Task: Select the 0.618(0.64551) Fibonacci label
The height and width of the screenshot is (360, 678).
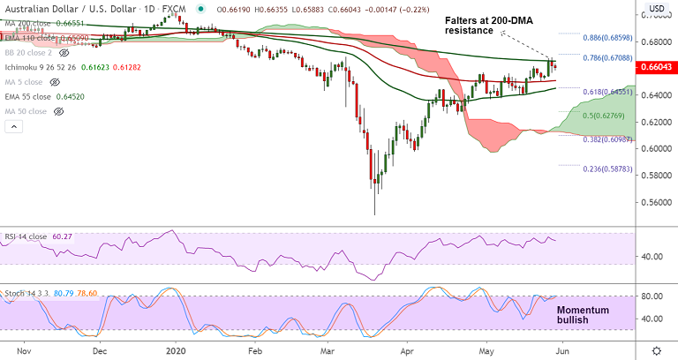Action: (x=607, y=91)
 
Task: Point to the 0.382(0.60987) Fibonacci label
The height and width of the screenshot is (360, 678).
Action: (x=607, y=139)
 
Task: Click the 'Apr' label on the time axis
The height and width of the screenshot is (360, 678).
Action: (x=407, y=349)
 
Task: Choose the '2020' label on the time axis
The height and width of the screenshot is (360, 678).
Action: (x=177, y=349)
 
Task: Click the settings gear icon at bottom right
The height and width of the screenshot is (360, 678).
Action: (x=656, y=349)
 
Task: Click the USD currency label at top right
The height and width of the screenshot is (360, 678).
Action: (x=656, y=9)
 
